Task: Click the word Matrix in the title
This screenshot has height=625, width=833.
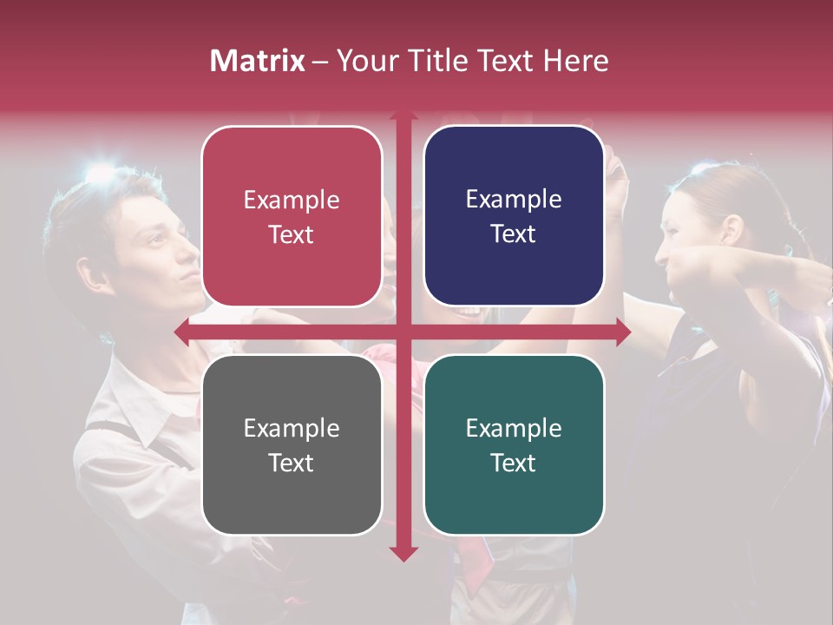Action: pos(258,61)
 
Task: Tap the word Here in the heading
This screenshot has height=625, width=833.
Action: pos(575,61)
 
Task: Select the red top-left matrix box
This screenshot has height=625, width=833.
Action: pos(292,216)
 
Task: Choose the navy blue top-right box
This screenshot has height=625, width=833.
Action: pos(514,216)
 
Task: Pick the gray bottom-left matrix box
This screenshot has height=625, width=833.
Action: pos(292,444)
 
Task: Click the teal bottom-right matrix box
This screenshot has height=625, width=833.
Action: pos(514,444)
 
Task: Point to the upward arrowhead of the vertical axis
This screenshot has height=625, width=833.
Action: pos(403,115)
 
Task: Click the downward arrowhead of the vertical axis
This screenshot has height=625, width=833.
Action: pos(403,554)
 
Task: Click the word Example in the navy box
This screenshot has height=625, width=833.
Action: pos(514,200)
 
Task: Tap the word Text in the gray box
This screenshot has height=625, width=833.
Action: pos(291,463)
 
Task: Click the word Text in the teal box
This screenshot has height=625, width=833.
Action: pos(513,463)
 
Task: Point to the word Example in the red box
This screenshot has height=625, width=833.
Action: pos(292,201)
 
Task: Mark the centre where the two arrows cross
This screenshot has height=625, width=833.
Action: pos(403,332)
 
